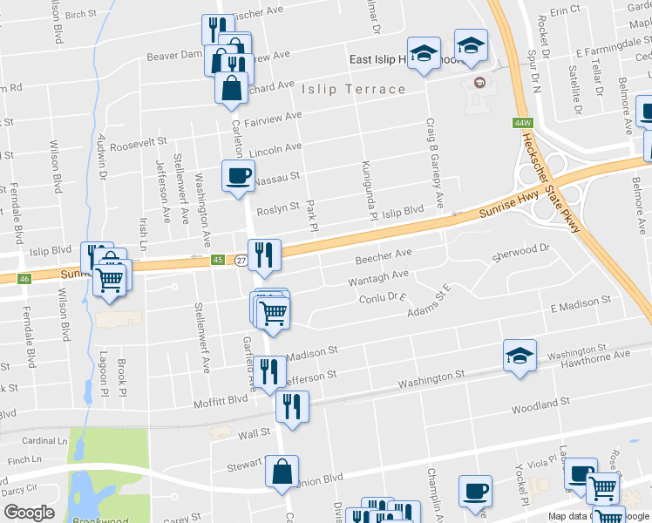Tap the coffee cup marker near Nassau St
point(238,177)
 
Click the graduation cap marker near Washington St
point(520,356)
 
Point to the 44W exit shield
point(523,123)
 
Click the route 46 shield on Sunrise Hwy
point(24,279)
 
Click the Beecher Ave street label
point(383,257)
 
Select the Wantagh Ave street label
point(377,278)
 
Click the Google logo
point(28,512)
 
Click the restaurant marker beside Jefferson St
point(268,371)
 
